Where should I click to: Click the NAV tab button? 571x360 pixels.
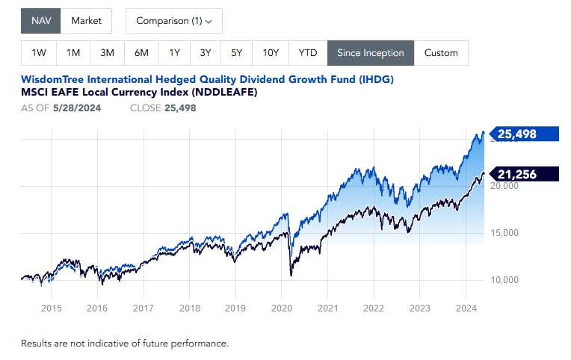(40, 21)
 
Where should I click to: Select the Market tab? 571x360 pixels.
(86, 21)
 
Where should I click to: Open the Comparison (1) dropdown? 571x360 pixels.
(173, 21)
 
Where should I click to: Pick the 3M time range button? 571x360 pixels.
(107, 53)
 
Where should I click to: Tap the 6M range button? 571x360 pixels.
(141, 53)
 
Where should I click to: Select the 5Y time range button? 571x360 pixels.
(236, 53)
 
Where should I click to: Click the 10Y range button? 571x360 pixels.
(271, 53)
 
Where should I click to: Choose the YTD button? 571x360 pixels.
(307, 53)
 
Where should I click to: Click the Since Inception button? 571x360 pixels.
(370, 53)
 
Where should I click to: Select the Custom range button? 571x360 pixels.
(440, 53)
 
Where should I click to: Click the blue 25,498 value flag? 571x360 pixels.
(523, 134)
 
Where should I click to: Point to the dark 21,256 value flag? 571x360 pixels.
(523, 174)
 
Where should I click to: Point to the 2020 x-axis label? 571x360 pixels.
(282, 308)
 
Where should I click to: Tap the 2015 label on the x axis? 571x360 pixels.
(51, 308)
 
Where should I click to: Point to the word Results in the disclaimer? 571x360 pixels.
(39, 344)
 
